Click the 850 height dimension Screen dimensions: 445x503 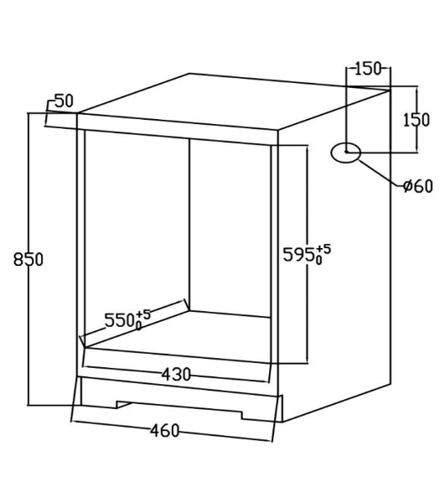28,260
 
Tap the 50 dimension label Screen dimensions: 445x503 65,101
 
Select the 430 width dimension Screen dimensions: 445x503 176,374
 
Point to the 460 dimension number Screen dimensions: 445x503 165,431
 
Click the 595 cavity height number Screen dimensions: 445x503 298,255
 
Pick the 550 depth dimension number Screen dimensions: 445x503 119,320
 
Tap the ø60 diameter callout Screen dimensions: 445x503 418,186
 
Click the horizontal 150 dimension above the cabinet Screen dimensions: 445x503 368,69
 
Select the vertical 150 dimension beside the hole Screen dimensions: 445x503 416,120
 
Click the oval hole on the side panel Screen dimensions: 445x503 346,153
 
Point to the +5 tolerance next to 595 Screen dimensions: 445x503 323,249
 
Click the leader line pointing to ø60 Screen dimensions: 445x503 380,173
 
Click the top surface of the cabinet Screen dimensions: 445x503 234,101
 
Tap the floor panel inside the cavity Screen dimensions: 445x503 178,336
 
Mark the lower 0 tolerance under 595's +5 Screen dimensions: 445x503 318,260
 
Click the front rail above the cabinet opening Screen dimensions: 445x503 178,130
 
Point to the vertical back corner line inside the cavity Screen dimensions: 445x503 189,225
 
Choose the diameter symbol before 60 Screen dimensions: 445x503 408,186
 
